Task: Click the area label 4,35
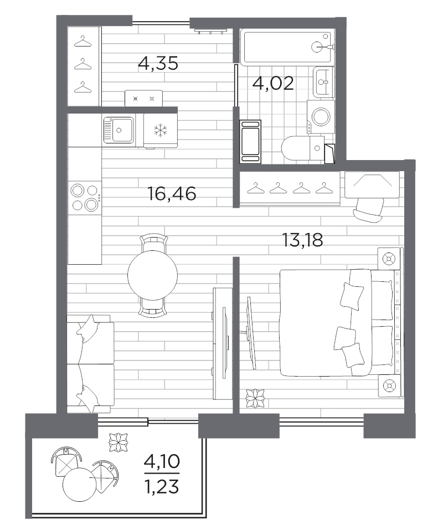158,64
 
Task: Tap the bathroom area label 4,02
272,83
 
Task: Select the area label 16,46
172,194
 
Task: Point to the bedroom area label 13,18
302,240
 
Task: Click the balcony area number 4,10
162,461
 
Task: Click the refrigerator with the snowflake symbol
160,131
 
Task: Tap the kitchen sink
118,131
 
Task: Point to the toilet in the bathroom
301,148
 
